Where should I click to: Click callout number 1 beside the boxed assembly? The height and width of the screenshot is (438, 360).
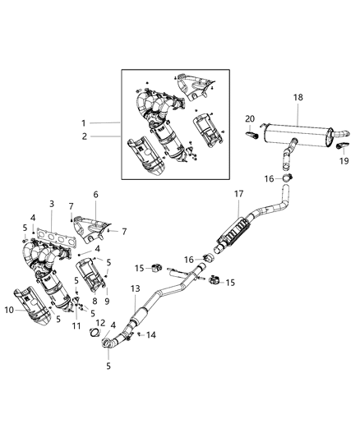[84, 122]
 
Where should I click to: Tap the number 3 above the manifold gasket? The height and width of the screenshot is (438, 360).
[51, 203]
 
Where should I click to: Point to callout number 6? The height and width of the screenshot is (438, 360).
[95, 195]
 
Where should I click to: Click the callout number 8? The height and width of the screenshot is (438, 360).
[94, 302]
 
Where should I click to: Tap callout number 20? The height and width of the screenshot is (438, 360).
[250, 120]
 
